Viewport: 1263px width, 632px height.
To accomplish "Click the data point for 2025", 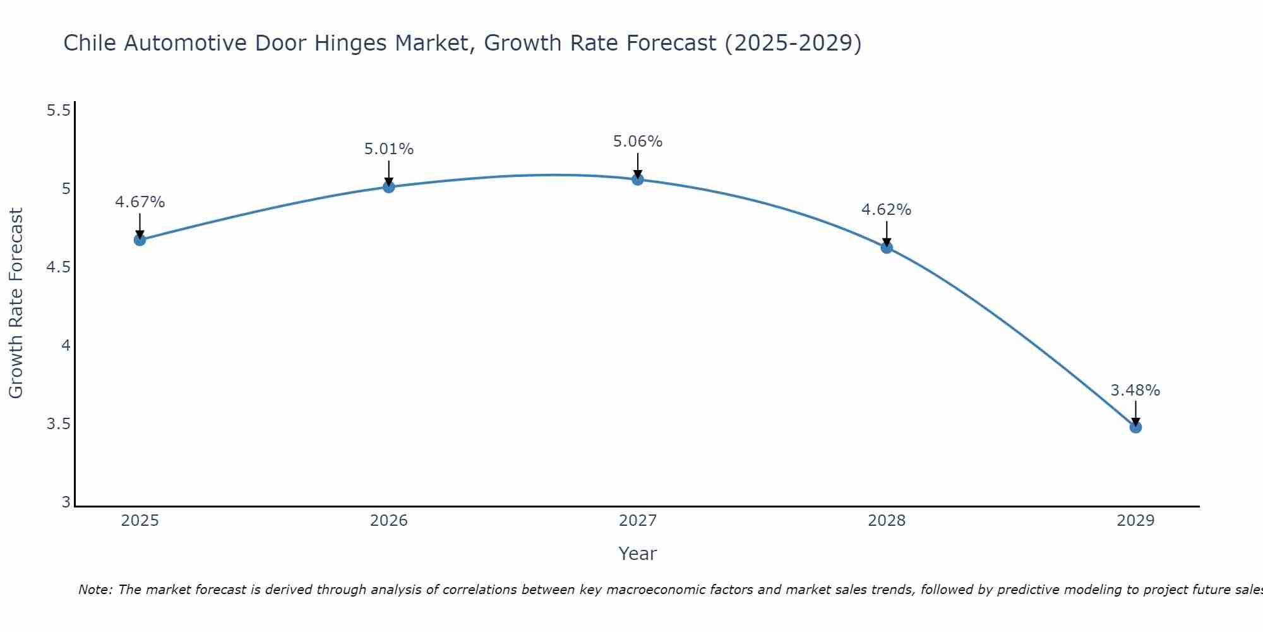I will click(140, 240).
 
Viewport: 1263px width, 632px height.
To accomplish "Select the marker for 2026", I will click(388, 186).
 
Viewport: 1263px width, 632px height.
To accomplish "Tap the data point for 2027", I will click(637, 179).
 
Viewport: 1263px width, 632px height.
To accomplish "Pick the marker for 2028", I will click(886, 247).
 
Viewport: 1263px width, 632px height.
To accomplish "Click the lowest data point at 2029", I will click(1135, 427).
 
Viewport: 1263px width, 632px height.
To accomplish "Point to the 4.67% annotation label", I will click(140, 202).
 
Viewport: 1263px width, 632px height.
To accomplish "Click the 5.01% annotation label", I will click(388, 149).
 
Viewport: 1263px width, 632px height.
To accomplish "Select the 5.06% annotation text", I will click(637, 142).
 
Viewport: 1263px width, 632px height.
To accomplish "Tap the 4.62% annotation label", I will click(886, 210).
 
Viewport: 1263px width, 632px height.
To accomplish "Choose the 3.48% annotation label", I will click(1135, 391).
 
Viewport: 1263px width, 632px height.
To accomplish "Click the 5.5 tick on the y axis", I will click(58, 111).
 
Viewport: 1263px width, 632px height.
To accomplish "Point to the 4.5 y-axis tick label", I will click(58, 267).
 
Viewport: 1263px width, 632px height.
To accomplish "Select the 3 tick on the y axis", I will click(66, 502).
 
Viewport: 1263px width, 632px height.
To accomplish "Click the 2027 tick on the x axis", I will click(637, 521).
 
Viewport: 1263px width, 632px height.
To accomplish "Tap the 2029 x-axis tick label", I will click(1135, 521).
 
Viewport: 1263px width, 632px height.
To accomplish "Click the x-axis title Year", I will click(637, 554).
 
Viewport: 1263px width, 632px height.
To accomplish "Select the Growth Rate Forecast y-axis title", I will click(16, 303).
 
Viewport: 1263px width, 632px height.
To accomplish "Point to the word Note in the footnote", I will click(95, 590).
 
